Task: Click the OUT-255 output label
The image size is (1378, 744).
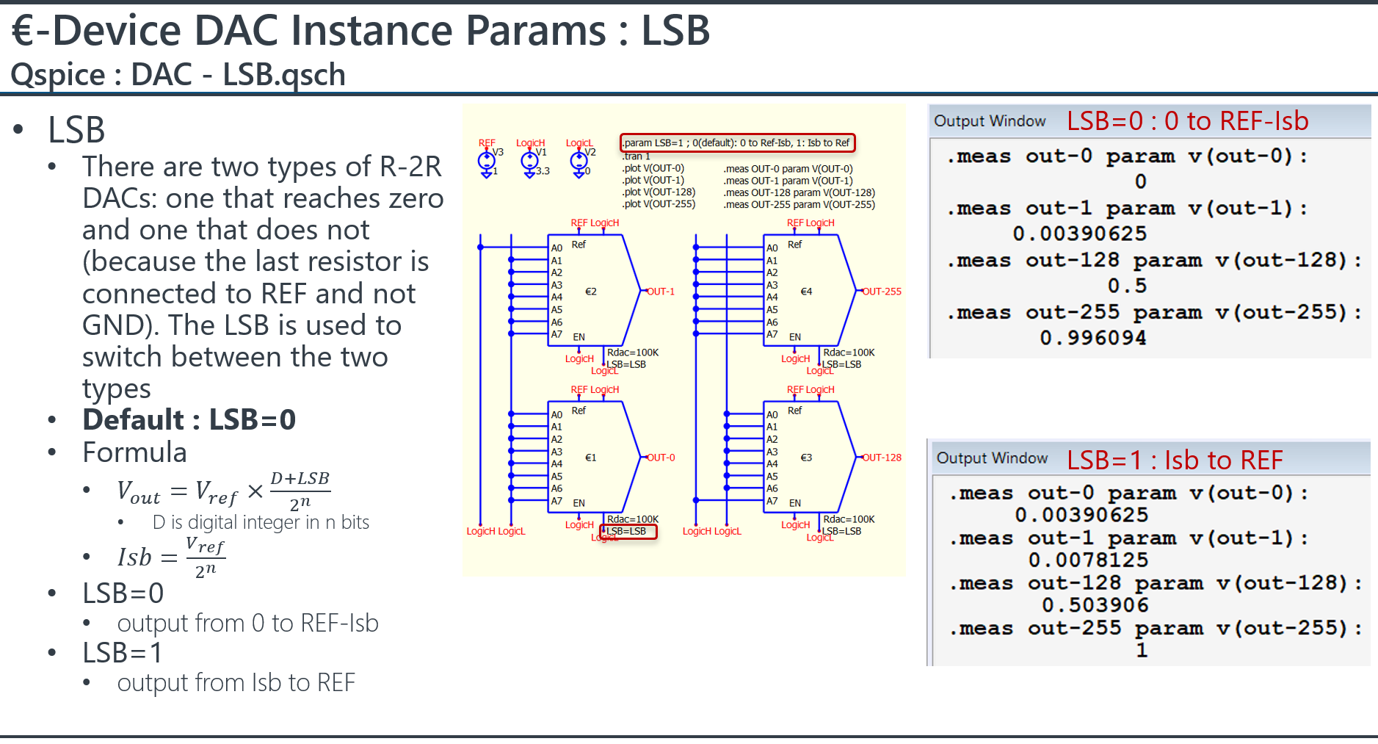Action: click(882, 292)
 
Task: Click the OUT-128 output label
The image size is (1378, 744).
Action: click(882, 458)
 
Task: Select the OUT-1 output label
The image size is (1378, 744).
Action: click(661, 292)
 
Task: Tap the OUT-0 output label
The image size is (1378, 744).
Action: click(661, 458)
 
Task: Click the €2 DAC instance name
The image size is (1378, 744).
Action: click(590, 292)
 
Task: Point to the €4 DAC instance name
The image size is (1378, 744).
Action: click(806, 292)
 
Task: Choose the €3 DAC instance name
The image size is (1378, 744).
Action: click(806, 458)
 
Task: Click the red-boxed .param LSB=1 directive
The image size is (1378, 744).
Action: click(737, 142)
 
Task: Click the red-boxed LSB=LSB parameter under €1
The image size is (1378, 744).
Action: click(628, 531)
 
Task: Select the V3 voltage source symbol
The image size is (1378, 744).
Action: click(486, 160)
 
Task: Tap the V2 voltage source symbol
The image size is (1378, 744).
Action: click(579, 160)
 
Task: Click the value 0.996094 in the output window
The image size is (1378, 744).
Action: click(1092, 338)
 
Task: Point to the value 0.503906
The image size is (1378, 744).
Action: click(1095, 605)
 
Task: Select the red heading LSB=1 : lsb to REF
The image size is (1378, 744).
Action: click(1175, 461)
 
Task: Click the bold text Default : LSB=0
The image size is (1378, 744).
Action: click(189, 420)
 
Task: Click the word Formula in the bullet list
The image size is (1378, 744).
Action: click(134, 452)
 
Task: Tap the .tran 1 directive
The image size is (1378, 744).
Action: click(637, 156)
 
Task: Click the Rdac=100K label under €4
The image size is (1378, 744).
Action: click(849, 353)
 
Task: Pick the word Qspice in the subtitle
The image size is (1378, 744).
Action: click(58, 75)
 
